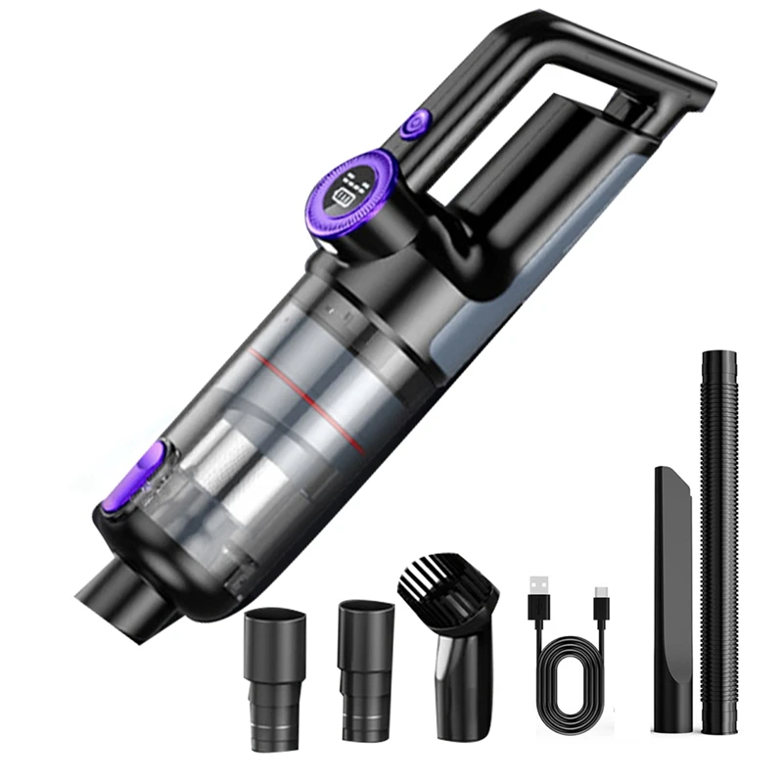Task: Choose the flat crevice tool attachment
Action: (674, 607)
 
